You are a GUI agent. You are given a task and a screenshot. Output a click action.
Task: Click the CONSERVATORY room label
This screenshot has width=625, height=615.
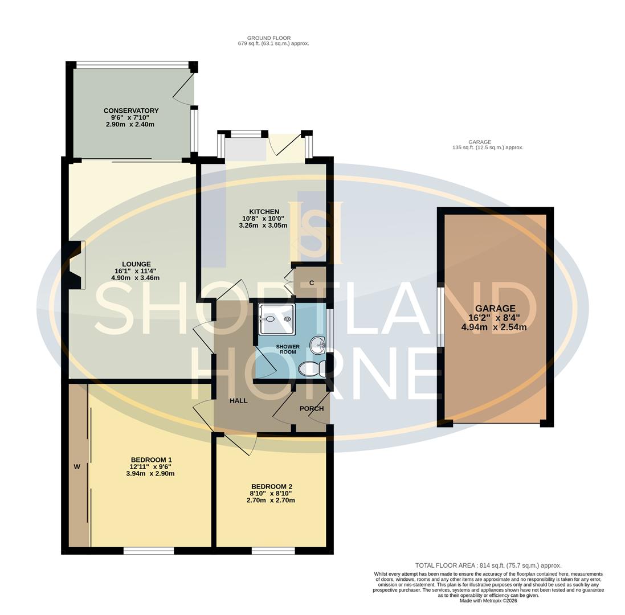coord(131,110)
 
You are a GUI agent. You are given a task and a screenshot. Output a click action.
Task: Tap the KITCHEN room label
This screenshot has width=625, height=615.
coord(263,212)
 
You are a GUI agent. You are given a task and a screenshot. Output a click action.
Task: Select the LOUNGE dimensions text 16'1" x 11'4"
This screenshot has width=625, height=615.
coord(135,271)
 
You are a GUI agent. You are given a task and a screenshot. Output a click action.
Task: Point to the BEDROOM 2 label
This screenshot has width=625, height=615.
coord(271,486)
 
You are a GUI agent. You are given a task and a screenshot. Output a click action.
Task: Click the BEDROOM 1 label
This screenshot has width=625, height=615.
coord(151,460)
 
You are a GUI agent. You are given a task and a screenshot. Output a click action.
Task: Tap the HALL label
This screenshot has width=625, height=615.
coord(238,400)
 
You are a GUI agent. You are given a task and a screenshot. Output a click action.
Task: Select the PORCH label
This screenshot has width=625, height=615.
coord(311,408)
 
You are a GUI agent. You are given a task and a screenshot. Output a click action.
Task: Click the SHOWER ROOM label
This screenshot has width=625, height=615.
coord(288,349)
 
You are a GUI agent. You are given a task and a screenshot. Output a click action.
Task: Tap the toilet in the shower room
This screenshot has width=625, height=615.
coord(312,369)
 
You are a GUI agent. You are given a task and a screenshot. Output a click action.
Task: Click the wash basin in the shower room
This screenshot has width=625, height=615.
coord(317,345)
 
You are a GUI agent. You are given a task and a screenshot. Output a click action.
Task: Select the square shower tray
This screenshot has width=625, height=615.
coord(277,319)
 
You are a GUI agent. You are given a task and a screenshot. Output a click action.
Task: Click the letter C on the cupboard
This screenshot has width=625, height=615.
coord(312,283)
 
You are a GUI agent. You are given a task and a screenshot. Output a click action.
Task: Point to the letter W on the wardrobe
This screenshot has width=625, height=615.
coord(77,467)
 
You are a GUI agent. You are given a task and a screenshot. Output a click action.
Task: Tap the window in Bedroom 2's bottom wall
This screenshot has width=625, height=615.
coord(273,551)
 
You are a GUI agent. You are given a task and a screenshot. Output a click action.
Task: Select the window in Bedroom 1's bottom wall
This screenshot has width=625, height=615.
coord(149,551)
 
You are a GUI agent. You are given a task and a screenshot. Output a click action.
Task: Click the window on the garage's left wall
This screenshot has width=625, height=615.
coord(440,317)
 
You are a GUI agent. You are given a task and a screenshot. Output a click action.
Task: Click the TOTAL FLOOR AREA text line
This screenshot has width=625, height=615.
coord(488,565)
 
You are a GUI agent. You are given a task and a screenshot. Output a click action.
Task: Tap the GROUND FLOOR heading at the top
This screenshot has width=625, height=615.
coord(268,38)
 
